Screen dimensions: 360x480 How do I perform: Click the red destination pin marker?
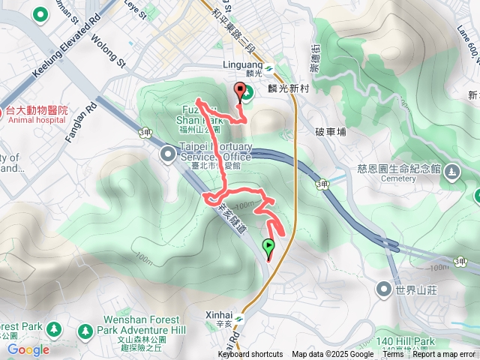(241, 93)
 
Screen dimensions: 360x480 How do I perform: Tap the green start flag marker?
(268, 247)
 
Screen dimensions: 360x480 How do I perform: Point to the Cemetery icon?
(451, 172)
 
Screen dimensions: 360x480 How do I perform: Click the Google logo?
(28, 349)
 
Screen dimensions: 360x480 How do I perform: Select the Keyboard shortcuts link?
(250, 355)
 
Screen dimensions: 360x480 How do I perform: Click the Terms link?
(393, 355)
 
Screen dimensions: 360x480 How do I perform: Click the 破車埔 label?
(331, 132)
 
